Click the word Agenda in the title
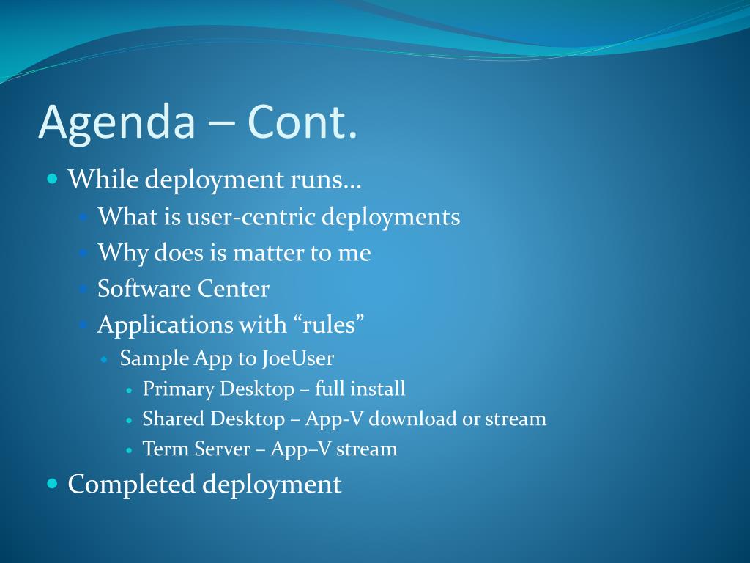pyautogui.click(x=117, y=123)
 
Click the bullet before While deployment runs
pyautogui.click(x=52, y=180)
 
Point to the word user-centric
pyautogui.click(x=251, y=216)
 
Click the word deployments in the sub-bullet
pyautogui.click(x=391, y=218)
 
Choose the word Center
pyautogui.click(x=234, y=289)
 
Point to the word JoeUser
pyautogui.click(x=297, y=358)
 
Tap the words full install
pyautogui.click(x=360, y=389)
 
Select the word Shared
pyautogui.click(x=173, y=419)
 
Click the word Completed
pyautogui.click(x=132, y=484)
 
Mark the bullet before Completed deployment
pyautogui.click(x=52, y=484)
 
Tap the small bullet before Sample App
pyautogui.click(x=105, y=359)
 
